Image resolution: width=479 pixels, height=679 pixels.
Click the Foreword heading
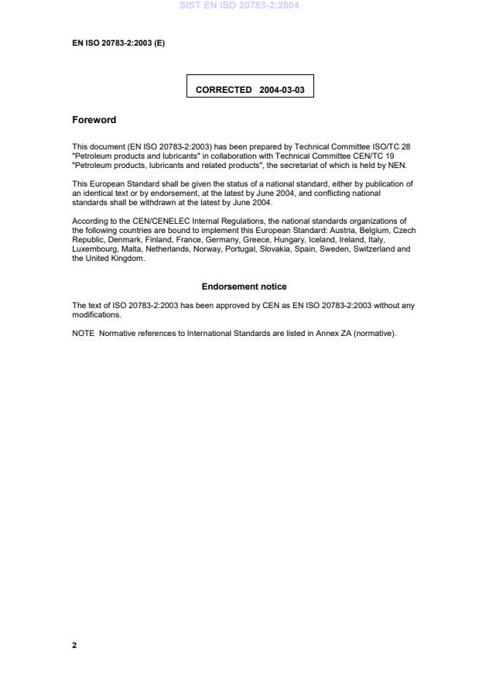(94, 120)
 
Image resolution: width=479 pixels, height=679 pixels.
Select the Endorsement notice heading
(244, 286)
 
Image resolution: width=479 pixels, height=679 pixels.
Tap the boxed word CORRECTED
(224, 90)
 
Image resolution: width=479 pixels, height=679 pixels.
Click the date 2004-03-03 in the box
(282, 90)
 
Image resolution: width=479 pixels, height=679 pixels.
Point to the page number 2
(74, 645)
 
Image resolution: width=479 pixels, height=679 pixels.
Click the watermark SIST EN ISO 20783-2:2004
(239, 5)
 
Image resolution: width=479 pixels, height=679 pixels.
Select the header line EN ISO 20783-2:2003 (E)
(118, 43)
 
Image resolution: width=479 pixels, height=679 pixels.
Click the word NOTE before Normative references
(83, 334)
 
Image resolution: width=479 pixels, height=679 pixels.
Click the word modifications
(96, 315)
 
